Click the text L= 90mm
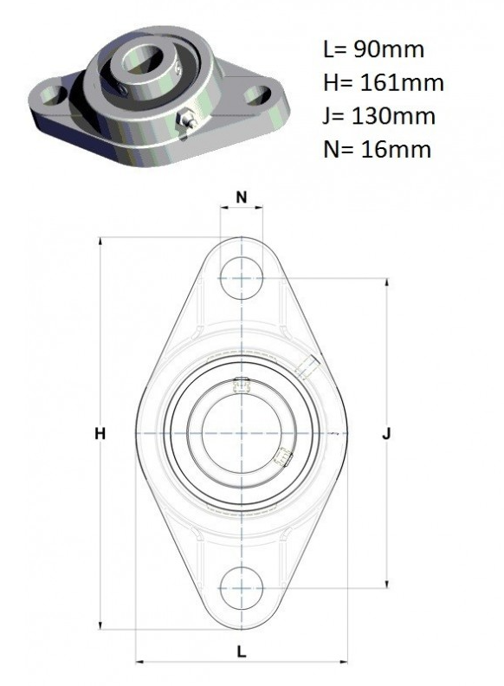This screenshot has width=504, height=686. pyautogui.click(x=373, y=49)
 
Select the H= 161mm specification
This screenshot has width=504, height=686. pyautogui.click(x=384, y=82)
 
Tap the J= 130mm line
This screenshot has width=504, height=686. pyautogui.click(x=379, y=116)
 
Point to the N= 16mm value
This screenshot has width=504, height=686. pyautogui.click(x=377, y=149)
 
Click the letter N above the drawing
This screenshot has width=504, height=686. pyautogui.click(x=242, y=197)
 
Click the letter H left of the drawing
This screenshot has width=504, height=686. pyautogui.click(x=100, y=434)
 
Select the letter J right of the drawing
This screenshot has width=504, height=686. pyautogui.click(x=386, y=434)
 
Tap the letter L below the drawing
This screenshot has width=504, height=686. pyautogui.click(x=242, y=651)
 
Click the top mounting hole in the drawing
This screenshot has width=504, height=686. pyautogui.click(x=242, y=278)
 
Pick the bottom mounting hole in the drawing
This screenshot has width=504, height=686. pyautogui.click(x=242, y=588)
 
